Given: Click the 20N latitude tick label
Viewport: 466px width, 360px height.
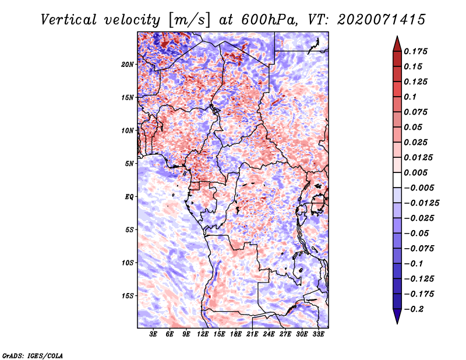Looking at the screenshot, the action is (x=128, y=65).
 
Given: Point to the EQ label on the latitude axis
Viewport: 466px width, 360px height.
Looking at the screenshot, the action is (x=129, y=197).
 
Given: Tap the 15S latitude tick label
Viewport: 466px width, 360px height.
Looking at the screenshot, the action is (x=128, y=296).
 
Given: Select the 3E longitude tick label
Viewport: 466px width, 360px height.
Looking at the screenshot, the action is (x=153, y=334).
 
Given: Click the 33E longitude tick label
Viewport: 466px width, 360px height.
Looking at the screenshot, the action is (x=318, y=334).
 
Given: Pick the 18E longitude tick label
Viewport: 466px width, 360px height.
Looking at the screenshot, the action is (x=236, y=334).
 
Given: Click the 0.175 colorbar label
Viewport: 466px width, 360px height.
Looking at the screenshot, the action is (x=415, y=51).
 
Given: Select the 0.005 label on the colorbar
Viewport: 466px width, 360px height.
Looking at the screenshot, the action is (x=415, y=172).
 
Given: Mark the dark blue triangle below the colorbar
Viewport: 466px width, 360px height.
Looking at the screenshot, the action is (x=397, y=316).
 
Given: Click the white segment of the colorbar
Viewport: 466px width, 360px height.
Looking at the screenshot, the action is (x=397, y=180).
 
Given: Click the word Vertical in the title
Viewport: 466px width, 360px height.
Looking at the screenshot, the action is (x=69, y=20).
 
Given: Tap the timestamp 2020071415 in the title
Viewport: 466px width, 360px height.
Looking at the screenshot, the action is (x=382, y=20).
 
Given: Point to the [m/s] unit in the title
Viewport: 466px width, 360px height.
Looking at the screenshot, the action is (x=189, y=20).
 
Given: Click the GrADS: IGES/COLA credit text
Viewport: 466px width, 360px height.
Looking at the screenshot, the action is (x=33, y=356).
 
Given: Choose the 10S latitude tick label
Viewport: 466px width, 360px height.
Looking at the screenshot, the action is (x=128, y=263).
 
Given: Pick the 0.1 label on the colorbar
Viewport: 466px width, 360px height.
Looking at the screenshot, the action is (x=410, y=97).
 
